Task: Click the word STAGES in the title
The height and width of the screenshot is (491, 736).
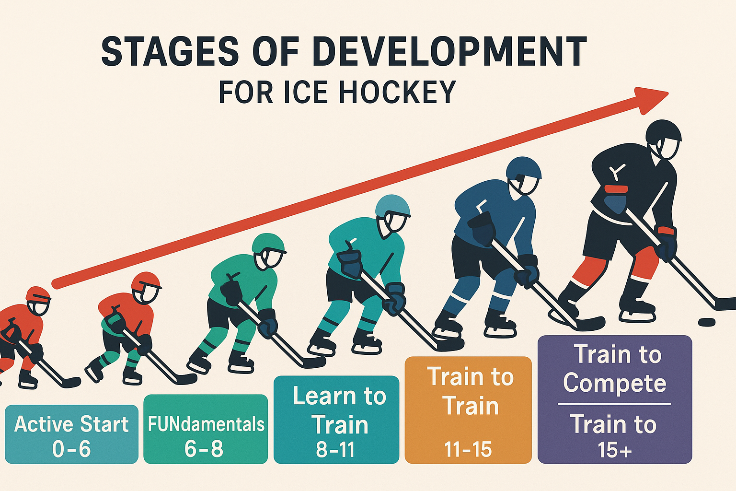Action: point(170,52)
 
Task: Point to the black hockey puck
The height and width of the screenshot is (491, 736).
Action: point(707,322)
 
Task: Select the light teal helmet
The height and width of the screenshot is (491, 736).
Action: point(392,207)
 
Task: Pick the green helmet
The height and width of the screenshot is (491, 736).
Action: point(268,244)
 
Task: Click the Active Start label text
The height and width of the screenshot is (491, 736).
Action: point(71,424)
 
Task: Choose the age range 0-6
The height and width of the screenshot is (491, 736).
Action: point(71,449)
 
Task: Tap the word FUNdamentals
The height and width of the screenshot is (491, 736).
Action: point(206,424)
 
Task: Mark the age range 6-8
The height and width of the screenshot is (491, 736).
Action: point(204,449)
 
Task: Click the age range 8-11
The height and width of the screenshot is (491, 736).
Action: point(335,449)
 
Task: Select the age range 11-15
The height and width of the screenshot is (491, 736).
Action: point(468,449)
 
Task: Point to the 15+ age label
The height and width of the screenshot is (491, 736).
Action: point(614,450)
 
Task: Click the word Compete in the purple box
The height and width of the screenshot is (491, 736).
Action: point(614,384)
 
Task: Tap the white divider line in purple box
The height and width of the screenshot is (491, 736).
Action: point(614,404)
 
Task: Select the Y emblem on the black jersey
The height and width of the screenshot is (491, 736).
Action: point(617,172)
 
